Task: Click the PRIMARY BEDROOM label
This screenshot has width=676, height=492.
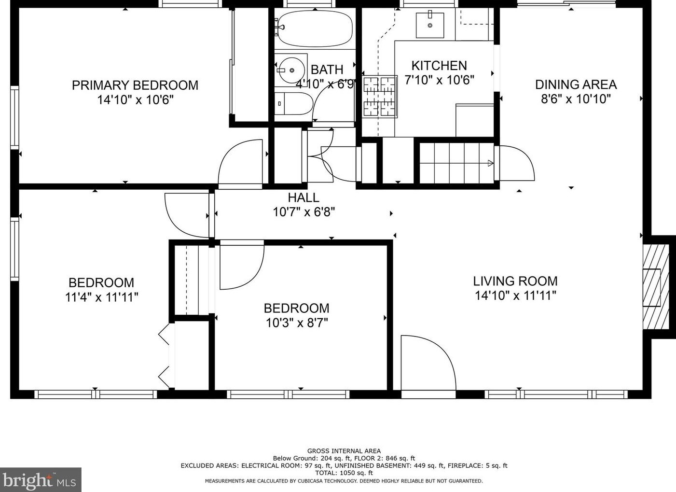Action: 135,85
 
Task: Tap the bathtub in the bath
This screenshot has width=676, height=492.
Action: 315,28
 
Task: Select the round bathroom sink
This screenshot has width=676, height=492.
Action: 291,70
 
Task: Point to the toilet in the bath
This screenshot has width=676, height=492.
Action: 294,103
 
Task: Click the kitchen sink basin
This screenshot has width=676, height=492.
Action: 430,26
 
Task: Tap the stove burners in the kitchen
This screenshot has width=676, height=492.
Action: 380,97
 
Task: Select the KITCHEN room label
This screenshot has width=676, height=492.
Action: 439,66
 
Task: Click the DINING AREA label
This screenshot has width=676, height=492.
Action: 576,84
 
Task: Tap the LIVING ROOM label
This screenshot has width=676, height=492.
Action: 515,281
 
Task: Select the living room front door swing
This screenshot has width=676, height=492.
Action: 429,363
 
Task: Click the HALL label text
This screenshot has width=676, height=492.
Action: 304,197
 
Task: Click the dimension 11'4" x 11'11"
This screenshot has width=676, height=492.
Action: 102,297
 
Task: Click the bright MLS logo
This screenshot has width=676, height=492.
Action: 41,479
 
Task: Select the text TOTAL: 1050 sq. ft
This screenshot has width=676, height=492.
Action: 344,473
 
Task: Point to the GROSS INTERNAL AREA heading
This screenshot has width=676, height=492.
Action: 344,451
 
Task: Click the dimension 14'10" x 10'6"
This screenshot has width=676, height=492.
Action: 136,99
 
